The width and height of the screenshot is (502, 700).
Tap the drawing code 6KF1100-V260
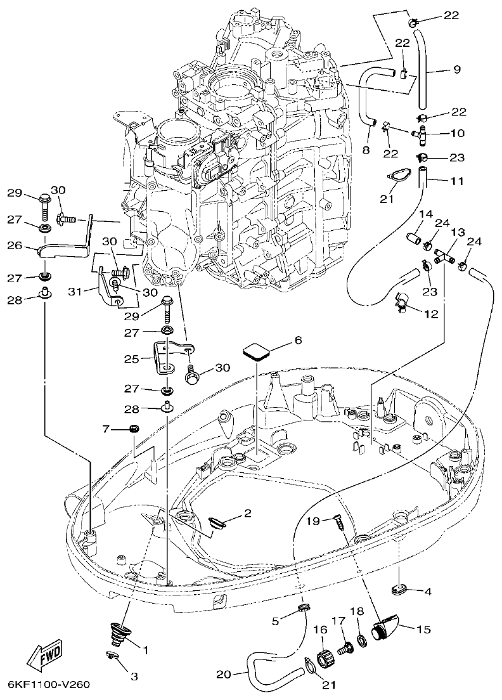[x=49, y=685]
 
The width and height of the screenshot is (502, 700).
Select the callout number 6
[x=298, y=340]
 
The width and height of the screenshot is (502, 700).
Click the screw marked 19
[x=335, y=521]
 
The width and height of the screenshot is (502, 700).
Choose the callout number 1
[x=146, y=649]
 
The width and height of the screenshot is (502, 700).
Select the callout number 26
[x=15, y=245]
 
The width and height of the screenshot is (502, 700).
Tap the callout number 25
[x=131, y=358]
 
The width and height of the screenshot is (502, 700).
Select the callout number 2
[x=247, y=512]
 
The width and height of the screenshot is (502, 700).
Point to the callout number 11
[x=458, y=181]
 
